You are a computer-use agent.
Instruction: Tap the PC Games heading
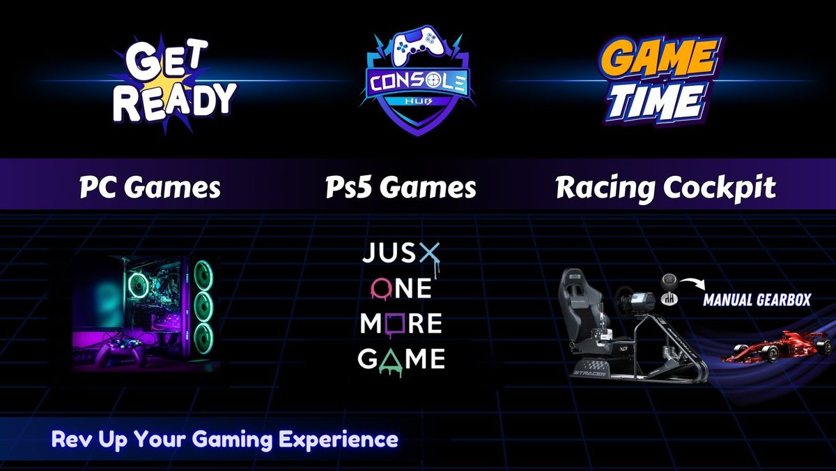[150, 187]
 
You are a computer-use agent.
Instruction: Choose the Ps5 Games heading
[401, 187]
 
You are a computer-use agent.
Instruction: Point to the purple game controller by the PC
[121, 352]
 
